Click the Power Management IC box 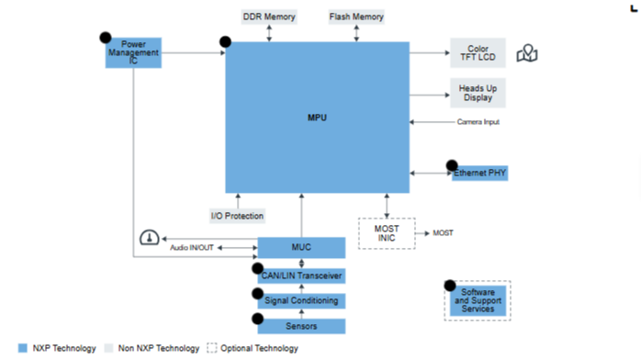tap(133, 52)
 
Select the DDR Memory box tap(269, 17)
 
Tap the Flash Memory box tap(356, 17)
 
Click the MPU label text tap(317, 118)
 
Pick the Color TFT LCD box tap(478, 52)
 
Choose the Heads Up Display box tap(478, 93)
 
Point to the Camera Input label tap(478, 122)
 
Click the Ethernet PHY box tap(480, 173)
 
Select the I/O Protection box tap(238, 216)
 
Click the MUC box tap(301, 248)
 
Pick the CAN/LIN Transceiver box tap(301, 276)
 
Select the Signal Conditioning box tap(301, 300)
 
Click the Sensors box tap(301, 326)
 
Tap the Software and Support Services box tap(478, 300)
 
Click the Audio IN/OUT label tap(192, 248)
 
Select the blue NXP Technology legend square tap(23, 348)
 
